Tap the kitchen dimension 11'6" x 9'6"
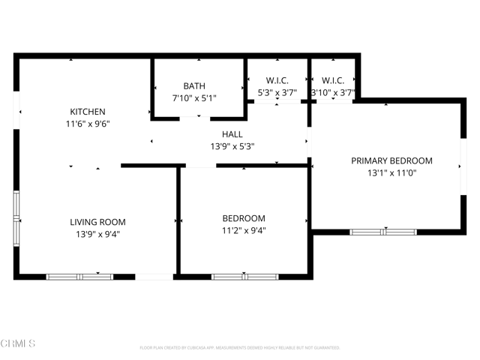[88, 125]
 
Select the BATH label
[194, 86]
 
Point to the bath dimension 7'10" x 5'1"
[194, 98]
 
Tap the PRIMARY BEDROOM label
[391, 160]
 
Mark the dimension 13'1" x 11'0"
[391, 172]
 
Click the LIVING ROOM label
[97, 222]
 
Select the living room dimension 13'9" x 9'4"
[97, 234]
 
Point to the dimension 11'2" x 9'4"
[244, 231]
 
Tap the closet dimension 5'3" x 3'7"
[277, 93]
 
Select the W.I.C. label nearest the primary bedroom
[333, 80]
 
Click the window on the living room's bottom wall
[79, 277]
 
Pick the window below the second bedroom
[244, 277]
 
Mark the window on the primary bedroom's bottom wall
[383, 232]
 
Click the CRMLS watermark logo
[19, 343]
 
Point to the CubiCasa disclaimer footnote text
[240, 348]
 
